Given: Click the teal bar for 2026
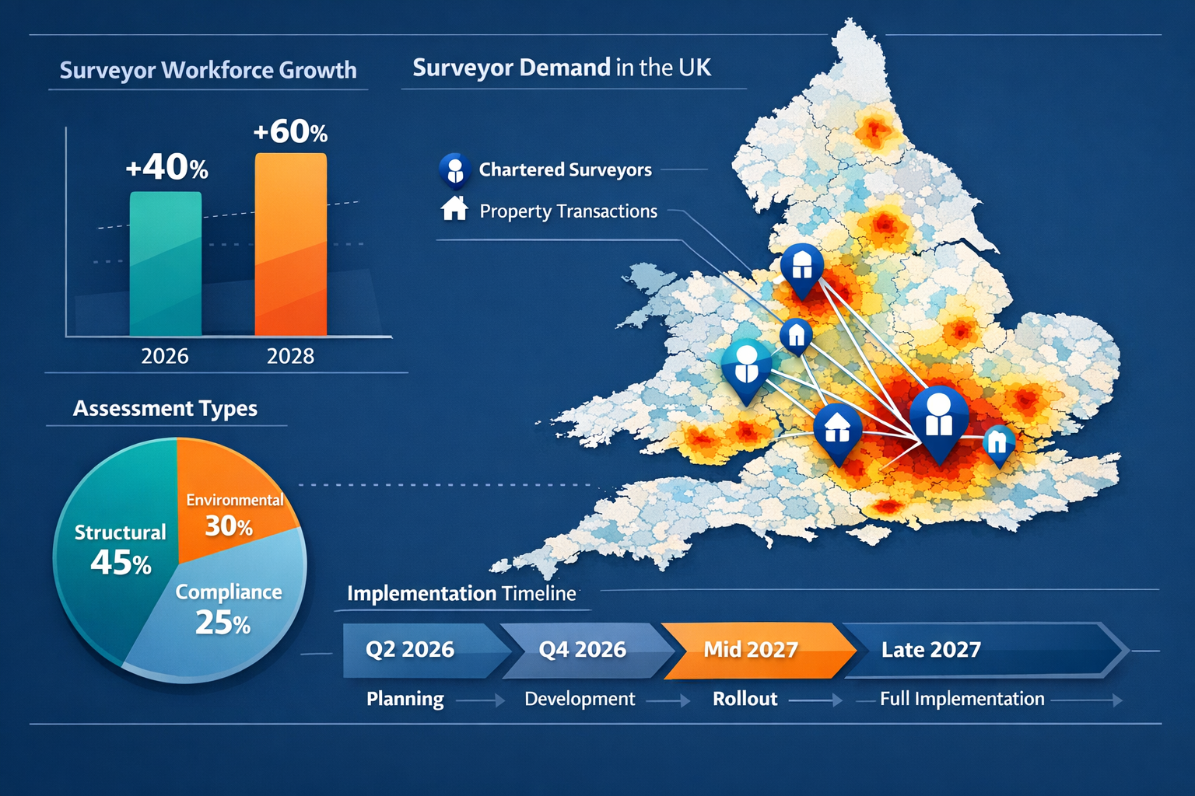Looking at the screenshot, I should [x=165, y=264].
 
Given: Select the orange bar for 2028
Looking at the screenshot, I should [x=290, y=245].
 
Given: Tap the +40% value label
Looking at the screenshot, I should [x=166, y=167].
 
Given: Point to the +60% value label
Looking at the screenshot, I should [x=290, y=131].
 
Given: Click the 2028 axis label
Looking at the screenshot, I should [x=290, y=356].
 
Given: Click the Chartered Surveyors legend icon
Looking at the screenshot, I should [x=454, y=170].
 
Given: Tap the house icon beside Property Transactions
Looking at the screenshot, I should [x=454, y=209].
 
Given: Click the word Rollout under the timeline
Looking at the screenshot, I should [x=745, y=699].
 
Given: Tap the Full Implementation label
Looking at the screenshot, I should [x=962, y=699].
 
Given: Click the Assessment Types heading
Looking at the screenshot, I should [x=165, y=408].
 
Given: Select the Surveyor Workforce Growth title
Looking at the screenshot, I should [x=208, y=70].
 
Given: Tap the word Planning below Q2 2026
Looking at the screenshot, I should [x=405, y=699].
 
